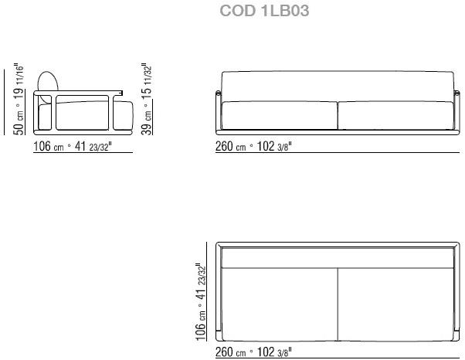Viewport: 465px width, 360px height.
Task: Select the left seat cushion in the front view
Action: tap(280, 116)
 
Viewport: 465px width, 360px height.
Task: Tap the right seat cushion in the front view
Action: tap(395, 116)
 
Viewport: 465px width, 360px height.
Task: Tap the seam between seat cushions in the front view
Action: tap(338, 116)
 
